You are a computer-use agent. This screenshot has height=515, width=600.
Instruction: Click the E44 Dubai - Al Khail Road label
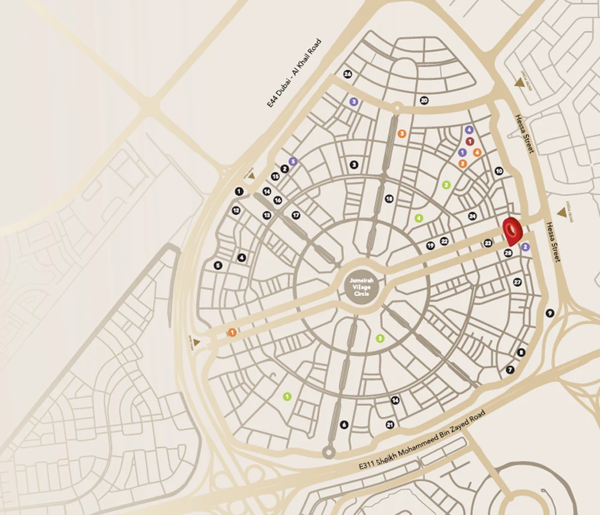pos(295,73)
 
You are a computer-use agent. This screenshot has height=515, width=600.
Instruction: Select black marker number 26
pos(347,74)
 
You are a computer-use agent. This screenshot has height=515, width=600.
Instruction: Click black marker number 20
pos(424,100)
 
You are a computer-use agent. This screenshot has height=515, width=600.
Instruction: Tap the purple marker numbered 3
pos(354,102)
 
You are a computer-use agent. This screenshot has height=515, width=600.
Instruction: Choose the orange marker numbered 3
pos(402,133)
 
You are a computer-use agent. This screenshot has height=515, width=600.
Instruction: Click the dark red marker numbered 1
pos(470,141)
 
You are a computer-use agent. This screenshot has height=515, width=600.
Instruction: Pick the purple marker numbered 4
pos(469,130)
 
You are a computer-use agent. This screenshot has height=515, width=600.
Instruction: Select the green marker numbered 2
pos(446,185)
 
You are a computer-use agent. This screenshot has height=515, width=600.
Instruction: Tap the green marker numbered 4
pos(419,218)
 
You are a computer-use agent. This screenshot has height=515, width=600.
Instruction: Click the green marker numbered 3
pos(380,339)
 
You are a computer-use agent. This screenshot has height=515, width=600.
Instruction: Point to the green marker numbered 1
pos(287,396)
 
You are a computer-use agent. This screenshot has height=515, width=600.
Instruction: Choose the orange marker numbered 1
pos(232,333)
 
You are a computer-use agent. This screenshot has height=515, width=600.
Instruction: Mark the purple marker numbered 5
pos(293,161)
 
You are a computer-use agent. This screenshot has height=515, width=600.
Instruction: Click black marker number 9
pos(550,313)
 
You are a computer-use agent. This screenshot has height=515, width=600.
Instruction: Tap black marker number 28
pos(508,253)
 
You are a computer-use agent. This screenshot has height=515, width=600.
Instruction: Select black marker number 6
pos(344,424)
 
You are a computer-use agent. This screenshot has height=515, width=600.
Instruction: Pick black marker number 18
pos(389,199)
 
